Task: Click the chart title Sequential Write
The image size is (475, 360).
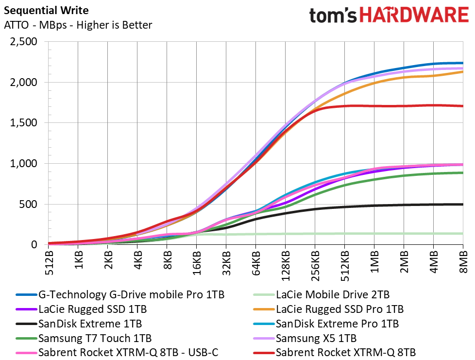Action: pyautogui.click(x=46, y=10)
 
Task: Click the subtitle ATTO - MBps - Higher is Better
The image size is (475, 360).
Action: pyautogui.click(x=78, y=25)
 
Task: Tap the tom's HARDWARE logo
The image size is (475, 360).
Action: pyautogui.click(x=389, y=15)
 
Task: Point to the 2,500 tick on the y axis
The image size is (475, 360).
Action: pyautogui.click(x=24, y=41)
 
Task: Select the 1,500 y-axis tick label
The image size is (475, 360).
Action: pyautogui.click(x=24, y=123)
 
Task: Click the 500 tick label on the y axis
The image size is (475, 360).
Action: pyautogui.click(x=28, y=204)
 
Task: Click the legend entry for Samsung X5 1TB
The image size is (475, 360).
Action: pyautogui.click(x=305, y=338)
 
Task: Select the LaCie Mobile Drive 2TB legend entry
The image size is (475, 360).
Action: pyautogui.click(x=321, y=294)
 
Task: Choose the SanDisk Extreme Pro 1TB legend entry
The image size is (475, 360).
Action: pyautogui.click(x=326, y=324)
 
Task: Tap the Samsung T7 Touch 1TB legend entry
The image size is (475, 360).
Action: pyautogui.click(x=84, y=338)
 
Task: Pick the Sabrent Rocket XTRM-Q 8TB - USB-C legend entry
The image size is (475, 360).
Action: pyautogui.click(x=117, y=352)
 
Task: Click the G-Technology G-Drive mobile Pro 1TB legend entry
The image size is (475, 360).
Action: pyautogui.click(x=120, y=294)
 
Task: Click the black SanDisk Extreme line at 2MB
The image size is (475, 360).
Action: pyautogui.click(x=404, y=205)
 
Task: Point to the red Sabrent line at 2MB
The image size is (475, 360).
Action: pyautogui.click(x=404, y=106)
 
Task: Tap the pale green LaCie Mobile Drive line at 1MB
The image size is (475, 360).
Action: pyautogui.click(x=374, y=234)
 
